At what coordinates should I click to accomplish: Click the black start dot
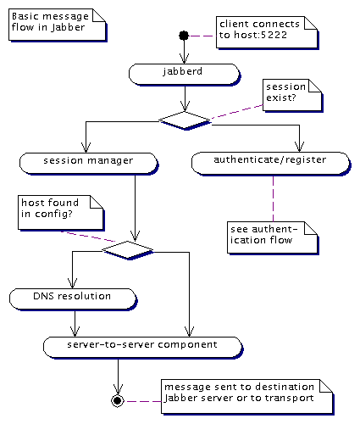(184, 36)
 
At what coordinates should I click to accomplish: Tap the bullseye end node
(118, 400)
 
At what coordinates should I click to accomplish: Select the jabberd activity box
(184, 74)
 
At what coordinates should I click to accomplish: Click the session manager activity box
(88, 164)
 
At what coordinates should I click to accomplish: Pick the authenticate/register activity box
(271, 164)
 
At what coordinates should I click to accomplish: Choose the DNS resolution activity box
(73, 299)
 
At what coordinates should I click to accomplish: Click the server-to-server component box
(143, 348)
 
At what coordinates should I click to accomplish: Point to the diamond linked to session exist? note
(185, 120)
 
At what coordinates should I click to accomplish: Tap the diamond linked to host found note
(128, 250)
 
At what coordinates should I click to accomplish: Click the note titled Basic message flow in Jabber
(58, 25)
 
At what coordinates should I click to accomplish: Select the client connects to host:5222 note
(267, 32)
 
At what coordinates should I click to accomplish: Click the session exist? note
(292, 95)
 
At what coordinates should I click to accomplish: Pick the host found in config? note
(61, 212)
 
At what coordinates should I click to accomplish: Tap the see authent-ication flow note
(273, 237)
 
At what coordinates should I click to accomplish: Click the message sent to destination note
(247, 397)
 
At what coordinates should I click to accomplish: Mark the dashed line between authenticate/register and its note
(273, 198)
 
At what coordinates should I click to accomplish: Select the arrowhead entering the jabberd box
(184, 59)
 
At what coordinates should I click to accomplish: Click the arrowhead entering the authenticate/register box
(299, 147)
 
